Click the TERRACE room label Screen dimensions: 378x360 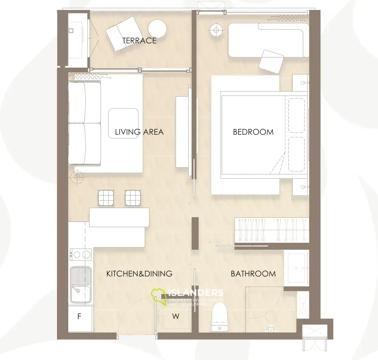click(x=139, y=40)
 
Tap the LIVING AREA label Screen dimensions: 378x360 click(x=139, y=132)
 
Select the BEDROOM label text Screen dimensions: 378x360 click(x=253, y=132)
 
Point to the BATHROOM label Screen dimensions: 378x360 click(x=253, y=274)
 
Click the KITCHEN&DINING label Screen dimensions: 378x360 click(x=139, y=274)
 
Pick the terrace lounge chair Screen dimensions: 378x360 click(x=122, y=34)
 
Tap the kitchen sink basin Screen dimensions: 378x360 click(x=81, y=285)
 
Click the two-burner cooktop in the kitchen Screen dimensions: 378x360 click(x=81, y=254)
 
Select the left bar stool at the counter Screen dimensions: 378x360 click(x=106, y=198)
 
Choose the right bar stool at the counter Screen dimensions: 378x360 click(x=133, y=198)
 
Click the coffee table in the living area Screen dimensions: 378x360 click(x=123, y=123)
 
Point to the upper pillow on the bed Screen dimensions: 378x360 click(x=296, y=116)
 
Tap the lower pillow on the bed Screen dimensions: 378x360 click(x=296, y=154)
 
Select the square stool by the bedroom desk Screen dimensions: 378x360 click(x=271, y=62)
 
